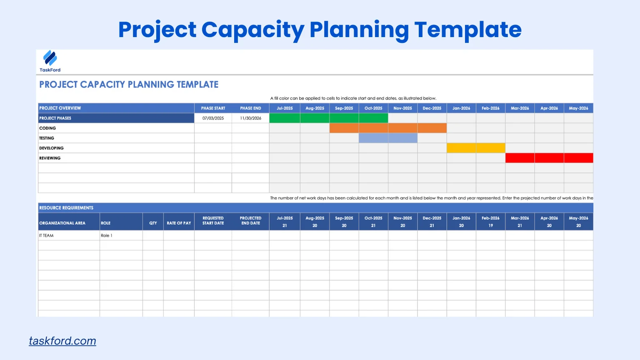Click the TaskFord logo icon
[x=50, y=58]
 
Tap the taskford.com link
[x=62, y=341]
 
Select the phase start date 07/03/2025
[x=213, y=118]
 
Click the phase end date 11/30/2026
[x=250, y=118]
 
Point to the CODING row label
[x=47, y=128]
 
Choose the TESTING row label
[x=47, y=138]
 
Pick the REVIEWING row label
[x=50, y=158]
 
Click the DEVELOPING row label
[x=52, y=148]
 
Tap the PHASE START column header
[x=213, y=108]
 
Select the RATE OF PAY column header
[x=179, y=223]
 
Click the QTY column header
[x=153, y=223]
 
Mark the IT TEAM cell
[x=46, y=236]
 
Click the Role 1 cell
[x=107, y=236]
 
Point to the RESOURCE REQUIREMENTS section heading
[x=66, y=208]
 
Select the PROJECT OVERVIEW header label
[x=60, y=108]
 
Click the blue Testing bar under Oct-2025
[x=373, y=138]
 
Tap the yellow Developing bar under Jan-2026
[x=461, y=148]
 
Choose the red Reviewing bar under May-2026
[x=578, y=158]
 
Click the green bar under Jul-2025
[x=285, y=118]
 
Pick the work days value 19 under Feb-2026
[x=490, y=226]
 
